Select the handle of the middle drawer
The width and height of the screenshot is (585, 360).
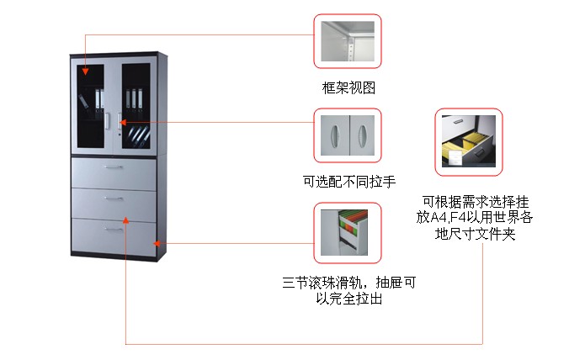[x=113, y=199]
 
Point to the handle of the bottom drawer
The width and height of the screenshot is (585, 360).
[x=113, y=229]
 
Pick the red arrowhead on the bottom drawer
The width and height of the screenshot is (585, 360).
[x=125, y=220]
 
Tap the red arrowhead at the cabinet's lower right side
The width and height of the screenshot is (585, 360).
[x=157, y=244]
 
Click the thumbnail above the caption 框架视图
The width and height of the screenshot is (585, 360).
[x=348, y=41]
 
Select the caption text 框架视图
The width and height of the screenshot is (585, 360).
[x=348, y=87]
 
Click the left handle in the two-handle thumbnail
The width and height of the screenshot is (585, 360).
[x=337, y=135]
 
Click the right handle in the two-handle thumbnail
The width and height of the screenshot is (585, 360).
[x=360, y=135]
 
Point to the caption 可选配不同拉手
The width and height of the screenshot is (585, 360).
[x=348, y=181]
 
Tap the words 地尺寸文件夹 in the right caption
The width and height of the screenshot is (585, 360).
[x=476, y=234]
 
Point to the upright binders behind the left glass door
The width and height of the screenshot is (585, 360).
[x=99, y=100]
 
